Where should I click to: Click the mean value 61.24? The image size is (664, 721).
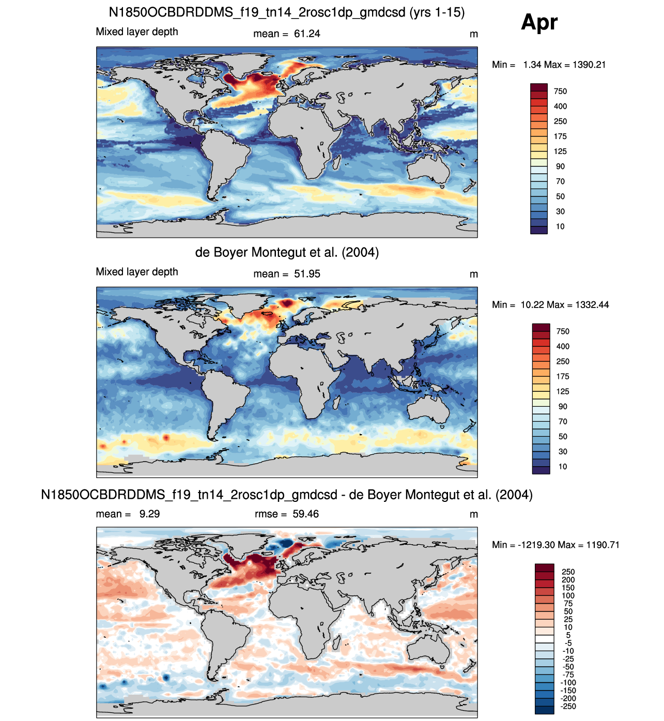coord(306,34)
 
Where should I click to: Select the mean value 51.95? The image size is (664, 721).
coord(306,274)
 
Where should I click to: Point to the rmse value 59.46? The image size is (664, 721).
coord(305,514)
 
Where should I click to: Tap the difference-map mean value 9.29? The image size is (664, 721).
coord(149,514)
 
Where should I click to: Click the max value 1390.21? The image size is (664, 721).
coord(589,65)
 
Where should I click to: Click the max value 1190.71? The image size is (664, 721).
coord(603,545)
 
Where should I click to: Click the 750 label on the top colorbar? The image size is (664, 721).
coord(560,91)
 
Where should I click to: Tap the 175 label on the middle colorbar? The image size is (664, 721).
coord(563,376)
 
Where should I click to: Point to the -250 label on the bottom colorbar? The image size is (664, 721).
coord(568,706)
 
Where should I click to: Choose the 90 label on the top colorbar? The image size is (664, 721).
coord(560,166)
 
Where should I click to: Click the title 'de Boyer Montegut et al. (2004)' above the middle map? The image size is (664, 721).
coord(287,252)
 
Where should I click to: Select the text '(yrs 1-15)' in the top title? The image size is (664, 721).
coord(437,12)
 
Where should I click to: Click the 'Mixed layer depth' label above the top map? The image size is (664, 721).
coord(136,32)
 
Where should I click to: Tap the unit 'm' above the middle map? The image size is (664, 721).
coord(473,274)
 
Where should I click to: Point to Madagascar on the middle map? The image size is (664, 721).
coord(336,403)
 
